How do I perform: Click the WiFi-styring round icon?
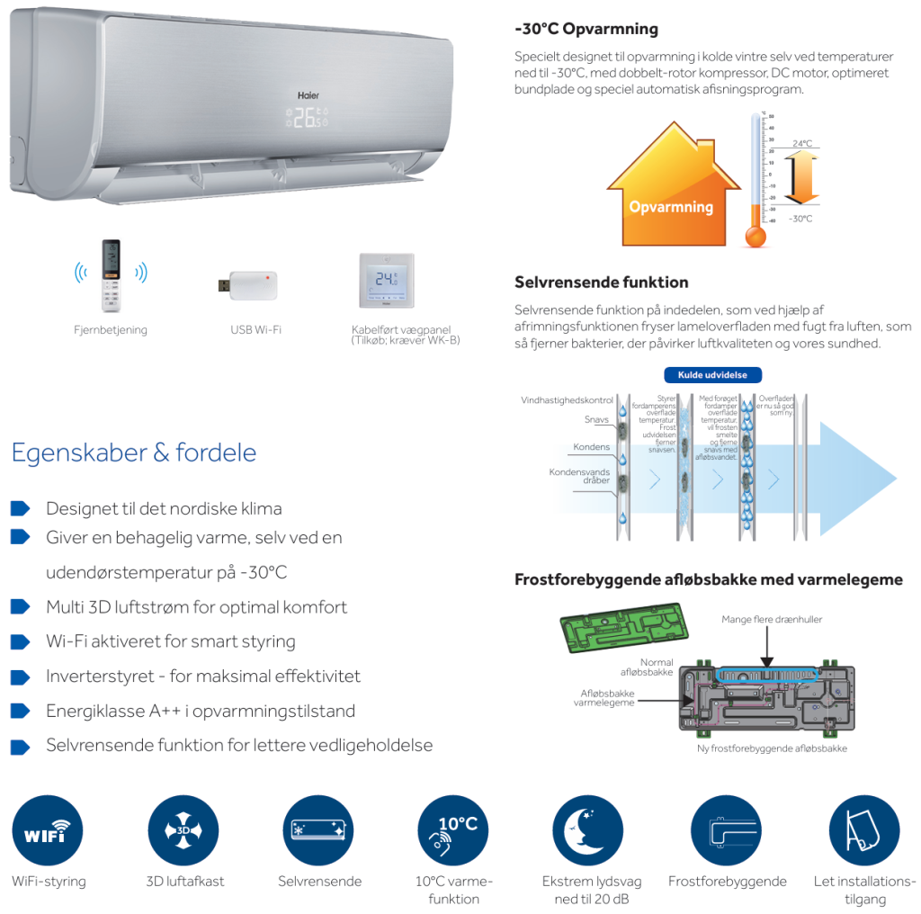(48, 831)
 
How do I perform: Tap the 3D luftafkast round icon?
(183, 831)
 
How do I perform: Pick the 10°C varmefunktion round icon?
(453, 831)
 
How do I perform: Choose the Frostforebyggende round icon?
(727, 831)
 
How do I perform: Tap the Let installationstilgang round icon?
(863, 831)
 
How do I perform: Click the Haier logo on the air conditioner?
(308, 94)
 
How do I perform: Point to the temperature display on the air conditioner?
(308, 118)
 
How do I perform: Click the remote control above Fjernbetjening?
(111, 276)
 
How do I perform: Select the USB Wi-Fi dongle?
(247, 285)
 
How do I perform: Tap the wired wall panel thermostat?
(387, 282)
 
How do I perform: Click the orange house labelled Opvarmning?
(671, 191)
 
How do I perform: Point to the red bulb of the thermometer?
(756, 236)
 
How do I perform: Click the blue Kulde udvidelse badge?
(712, 375)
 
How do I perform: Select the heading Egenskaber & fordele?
(134, 453)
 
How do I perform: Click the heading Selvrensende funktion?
(601, 282)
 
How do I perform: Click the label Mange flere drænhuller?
(772, 619)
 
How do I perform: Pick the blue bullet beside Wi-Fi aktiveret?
(20, 641)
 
